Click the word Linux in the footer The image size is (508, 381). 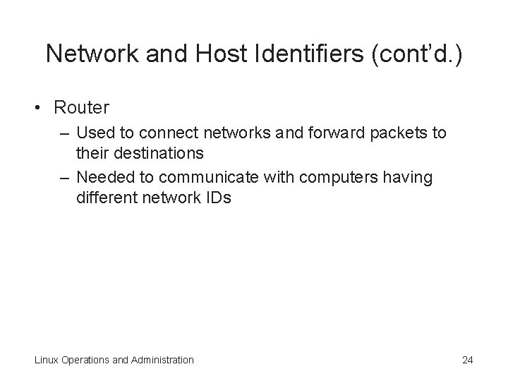coord(47,360)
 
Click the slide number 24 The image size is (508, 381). coord(467,360)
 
